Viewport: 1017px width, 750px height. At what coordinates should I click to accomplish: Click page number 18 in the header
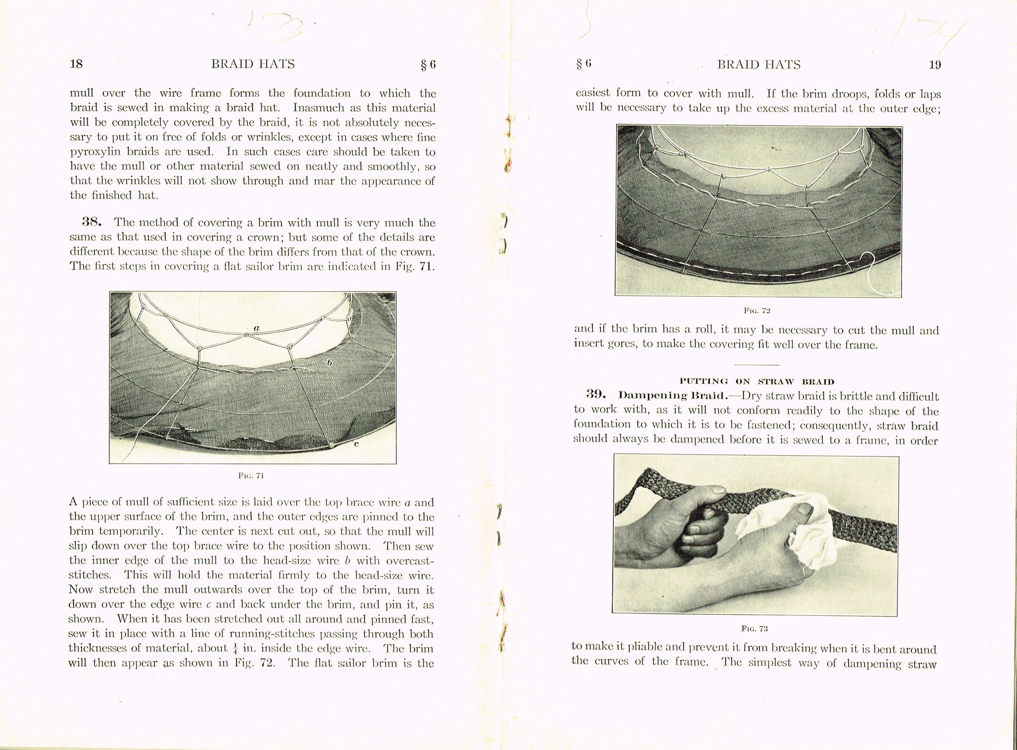click(x=76, y=64)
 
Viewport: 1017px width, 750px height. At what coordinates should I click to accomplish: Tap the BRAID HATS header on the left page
click(x=253, y=64)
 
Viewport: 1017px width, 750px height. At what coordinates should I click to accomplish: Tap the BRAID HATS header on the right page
click(x=759, y=65)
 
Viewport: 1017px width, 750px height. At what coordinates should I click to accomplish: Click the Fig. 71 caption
click(x=252, y=476)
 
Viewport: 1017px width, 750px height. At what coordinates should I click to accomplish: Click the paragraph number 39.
click(x=597, y=396)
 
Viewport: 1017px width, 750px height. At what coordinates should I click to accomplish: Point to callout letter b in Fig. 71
click(x=328, y=363)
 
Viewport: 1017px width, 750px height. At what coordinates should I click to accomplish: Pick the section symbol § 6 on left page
click(x=428, y=65)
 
